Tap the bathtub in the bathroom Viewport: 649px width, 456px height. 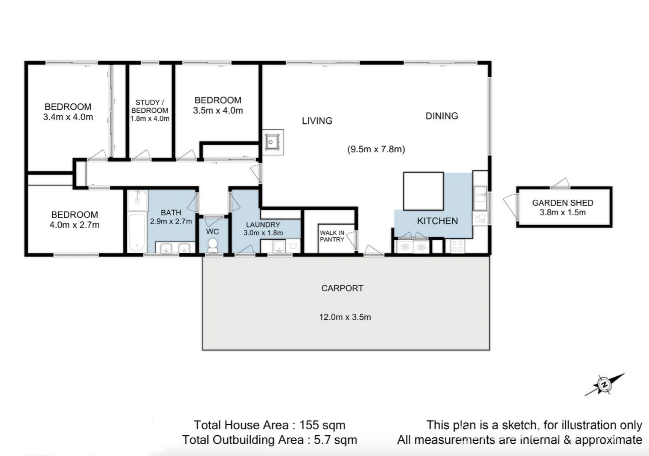coord(136,233)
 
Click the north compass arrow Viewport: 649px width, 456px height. coord(605,385)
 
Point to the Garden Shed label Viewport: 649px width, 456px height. coord(562,203)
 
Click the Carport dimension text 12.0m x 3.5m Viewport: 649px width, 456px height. coord(345,317)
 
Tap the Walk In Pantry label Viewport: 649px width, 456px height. coord(332,236)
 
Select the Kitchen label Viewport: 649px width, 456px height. coord(437,221)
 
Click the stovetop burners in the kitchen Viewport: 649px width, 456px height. coord(457,246)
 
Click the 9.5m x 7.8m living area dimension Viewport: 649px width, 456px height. coord(376,149)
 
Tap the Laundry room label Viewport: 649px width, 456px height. coord(263,225)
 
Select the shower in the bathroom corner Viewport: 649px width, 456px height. coord(137,201)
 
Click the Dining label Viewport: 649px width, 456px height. coord(442,116)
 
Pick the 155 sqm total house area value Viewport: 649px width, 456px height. coord(322,425)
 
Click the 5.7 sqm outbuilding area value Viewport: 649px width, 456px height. coord(335,440)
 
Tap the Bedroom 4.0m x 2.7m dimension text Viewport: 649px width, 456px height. coord(75,225)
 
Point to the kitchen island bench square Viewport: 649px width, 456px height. coord(423,191)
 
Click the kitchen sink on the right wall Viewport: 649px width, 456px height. coord(480,196)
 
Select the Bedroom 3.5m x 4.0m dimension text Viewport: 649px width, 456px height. coord(218,111)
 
